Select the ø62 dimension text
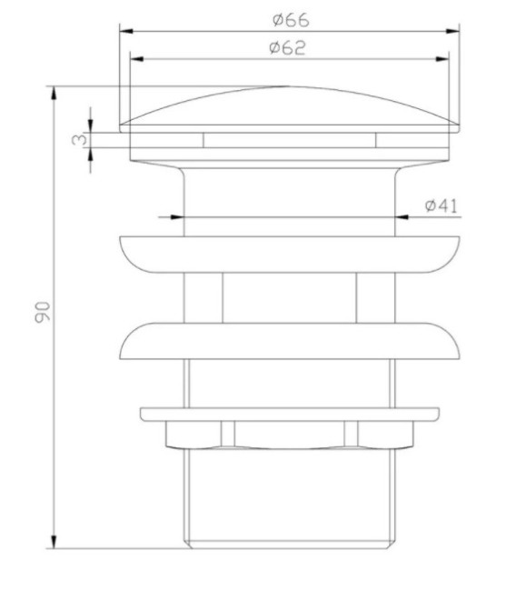288,48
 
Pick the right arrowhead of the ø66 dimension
453,32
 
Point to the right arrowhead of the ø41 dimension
403,217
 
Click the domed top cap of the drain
289,107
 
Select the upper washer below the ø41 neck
289,254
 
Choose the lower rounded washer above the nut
289,340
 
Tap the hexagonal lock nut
289,436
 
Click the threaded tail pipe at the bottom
289,500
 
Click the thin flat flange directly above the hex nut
289,414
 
